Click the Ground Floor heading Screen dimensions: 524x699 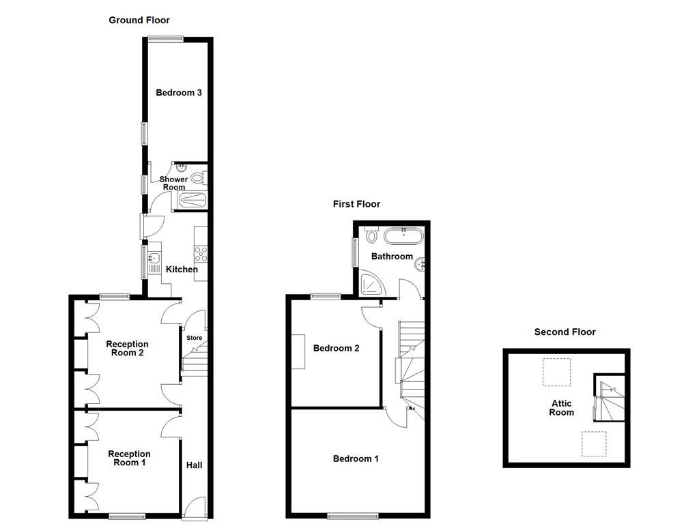[139, 20]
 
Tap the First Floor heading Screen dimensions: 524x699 [356, 204]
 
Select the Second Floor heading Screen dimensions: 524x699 [565, 332]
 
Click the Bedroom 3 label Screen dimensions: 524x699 [178, 93]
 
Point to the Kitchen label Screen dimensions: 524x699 [182, 270]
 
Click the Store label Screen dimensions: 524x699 [195, 338]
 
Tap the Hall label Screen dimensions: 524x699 [195, 465]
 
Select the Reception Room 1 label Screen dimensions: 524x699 [129, 458]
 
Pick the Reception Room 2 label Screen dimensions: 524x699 [127, 349]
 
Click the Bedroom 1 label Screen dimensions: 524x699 [356, 459]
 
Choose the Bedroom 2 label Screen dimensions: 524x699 [336, 349]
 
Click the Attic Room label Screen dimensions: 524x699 [562, 408]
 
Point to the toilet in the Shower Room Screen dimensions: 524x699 [198, 178]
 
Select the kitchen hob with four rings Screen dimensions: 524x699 [201, 254]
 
